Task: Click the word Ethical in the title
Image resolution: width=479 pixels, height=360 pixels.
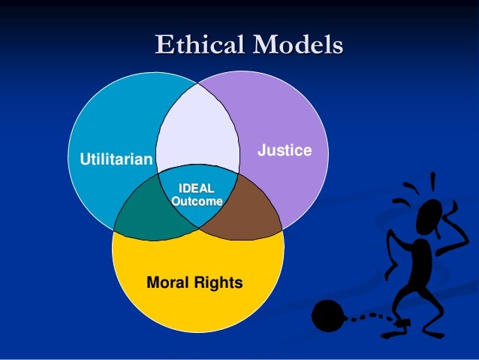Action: (x=198, y=45)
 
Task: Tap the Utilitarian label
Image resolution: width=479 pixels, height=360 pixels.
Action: (x=110, y=159)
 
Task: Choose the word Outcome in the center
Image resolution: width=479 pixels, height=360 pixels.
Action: (x=197, y=201)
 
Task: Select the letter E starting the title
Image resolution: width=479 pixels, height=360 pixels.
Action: (x=163, y=45)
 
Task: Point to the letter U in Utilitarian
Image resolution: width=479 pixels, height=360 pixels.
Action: (x=74, y=159)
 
